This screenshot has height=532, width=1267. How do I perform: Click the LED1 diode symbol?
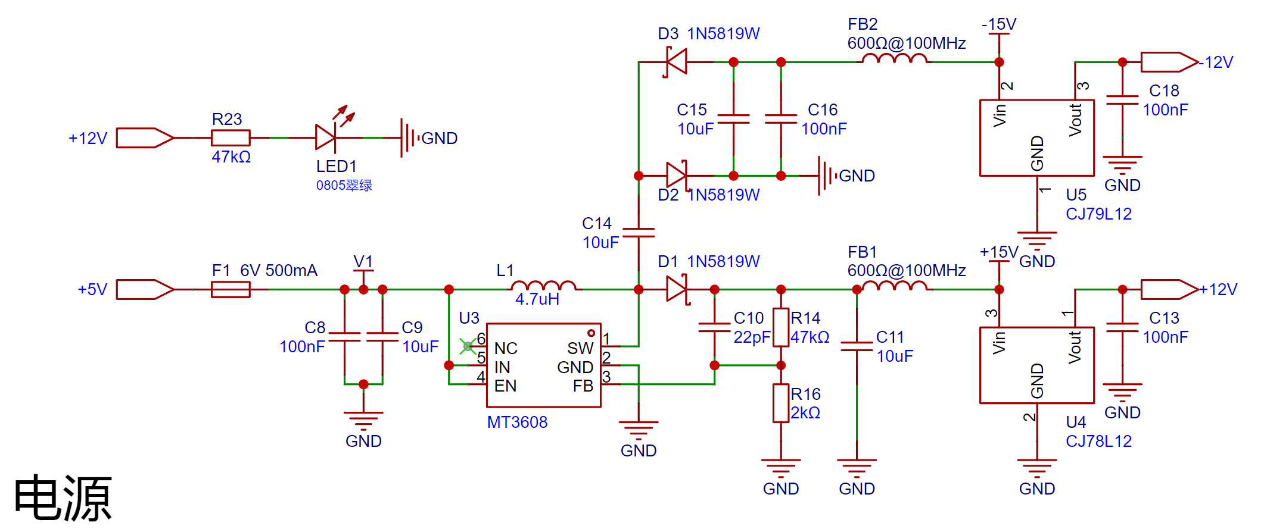click(326, 137)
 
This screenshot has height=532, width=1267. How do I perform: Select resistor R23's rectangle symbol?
click(231, 137)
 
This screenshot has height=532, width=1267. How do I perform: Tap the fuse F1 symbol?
click(231, 289)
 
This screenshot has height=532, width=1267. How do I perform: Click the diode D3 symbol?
click(676, 61)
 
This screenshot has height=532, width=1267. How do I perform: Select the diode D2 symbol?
click(677, 175)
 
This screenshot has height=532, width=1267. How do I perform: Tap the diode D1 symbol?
click(677, 289)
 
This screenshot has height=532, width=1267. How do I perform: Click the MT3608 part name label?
click(517, 422)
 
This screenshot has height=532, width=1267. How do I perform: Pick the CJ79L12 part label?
click(1098, 214)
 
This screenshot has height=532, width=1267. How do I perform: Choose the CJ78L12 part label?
click(1098, 441)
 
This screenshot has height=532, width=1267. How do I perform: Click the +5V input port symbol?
click(145, 289)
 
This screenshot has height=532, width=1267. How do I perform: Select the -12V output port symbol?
click(1169, 62)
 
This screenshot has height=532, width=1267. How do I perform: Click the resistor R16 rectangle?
click(781, 403)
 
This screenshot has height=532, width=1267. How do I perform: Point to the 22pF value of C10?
click(752, 337)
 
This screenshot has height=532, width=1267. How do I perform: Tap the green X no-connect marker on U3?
click(468, 346)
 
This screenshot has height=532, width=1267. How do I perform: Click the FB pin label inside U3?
click(583, 386)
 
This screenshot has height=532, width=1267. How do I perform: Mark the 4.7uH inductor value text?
click(537, 299)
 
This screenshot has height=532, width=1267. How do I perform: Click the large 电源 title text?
click(63, 497)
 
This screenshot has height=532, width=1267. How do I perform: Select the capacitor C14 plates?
click(639, 232)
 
